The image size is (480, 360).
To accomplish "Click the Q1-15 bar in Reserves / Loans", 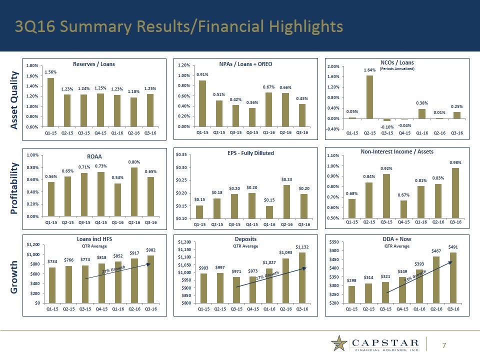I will [x=51, y=102].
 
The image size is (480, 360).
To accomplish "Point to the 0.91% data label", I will [x=202, y=74].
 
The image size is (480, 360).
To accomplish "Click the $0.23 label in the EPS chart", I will [x=286, y=179].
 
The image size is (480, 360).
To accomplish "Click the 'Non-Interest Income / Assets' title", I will [x=396, y=151].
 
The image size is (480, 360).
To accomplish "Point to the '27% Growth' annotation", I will [x=113, y=270].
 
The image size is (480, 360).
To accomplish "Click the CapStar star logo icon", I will [x=340, y=344].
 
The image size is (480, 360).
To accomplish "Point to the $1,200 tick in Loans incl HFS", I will [x=34, y=244].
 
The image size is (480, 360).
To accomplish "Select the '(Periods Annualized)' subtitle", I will [x=397, y=69].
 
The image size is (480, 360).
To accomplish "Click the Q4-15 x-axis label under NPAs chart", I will [x=252, y=133].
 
